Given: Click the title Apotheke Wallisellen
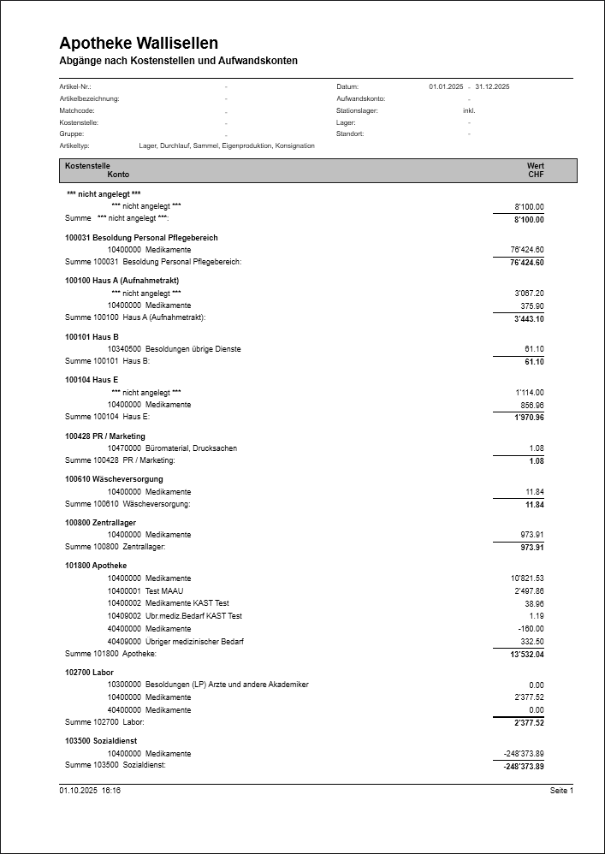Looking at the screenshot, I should (139, 43).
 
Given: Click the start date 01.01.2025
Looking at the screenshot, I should (446, 86).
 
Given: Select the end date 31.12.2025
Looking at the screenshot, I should (492, 86).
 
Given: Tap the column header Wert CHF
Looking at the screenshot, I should (536, 170).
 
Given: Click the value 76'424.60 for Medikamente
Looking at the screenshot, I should (527, 250).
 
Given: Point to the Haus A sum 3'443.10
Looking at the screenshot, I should (529, 318).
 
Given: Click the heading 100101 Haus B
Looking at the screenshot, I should (92, 337).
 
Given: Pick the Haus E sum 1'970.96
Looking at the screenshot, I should (529, 418).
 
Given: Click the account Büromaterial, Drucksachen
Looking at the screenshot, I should (191, 448).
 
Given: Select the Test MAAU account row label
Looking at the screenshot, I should (164, 591).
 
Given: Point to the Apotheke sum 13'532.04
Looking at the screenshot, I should (527, 655).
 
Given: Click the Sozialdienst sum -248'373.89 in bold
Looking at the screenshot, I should (524, 767).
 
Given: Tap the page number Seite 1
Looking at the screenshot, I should (561, 791).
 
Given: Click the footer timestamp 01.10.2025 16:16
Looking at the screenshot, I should (90, 791).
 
